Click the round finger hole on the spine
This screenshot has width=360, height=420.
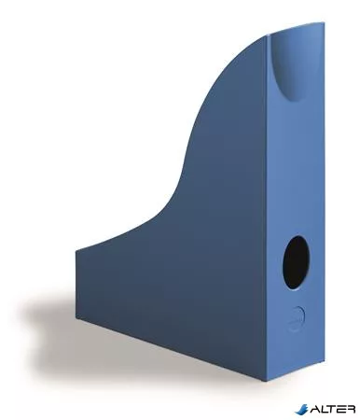[x=296, y=262]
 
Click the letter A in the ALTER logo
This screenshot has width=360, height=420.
[x=313, y=409]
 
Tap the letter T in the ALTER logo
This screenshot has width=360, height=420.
[x=331, y=409]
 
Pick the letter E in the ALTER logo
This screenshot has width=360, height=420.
[x=340, y=409]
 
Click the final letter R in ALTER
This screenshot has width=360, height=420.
[x=350, y=409]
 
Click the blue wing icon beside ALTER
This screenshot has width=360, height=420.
[x=300, y=409]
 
